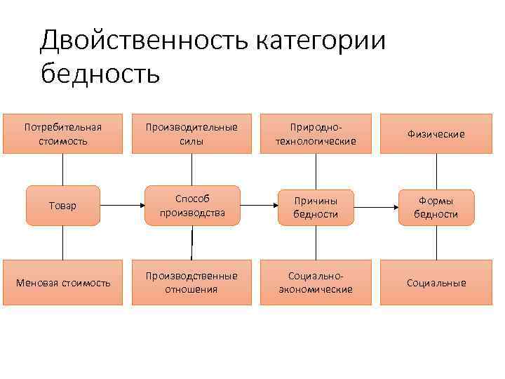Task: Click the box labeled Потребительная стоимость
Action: click(x=63, y=133)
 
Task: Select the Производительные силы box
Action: click(x=191, y=133)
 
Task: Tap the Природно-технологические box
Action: click(x=316, y=133)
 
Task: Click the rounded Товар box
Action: click(x=63, y=206)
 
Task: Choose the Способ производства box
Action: click(x=191, y=206)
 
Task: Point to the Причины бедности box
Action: click(x=316, y=206)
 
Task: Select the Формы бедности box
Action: click(x=436, y=206)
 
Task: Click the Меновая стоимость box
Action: click(x=63, y=283)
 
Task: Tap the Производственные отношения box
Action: click(x=191, y=283)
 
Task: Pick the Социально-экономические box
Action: click(x=316, y=283)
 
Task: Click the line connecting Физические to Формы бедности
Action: click(x=437, y=170)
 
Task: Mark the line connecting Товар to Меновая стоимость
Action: click(x=63, y=244)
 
